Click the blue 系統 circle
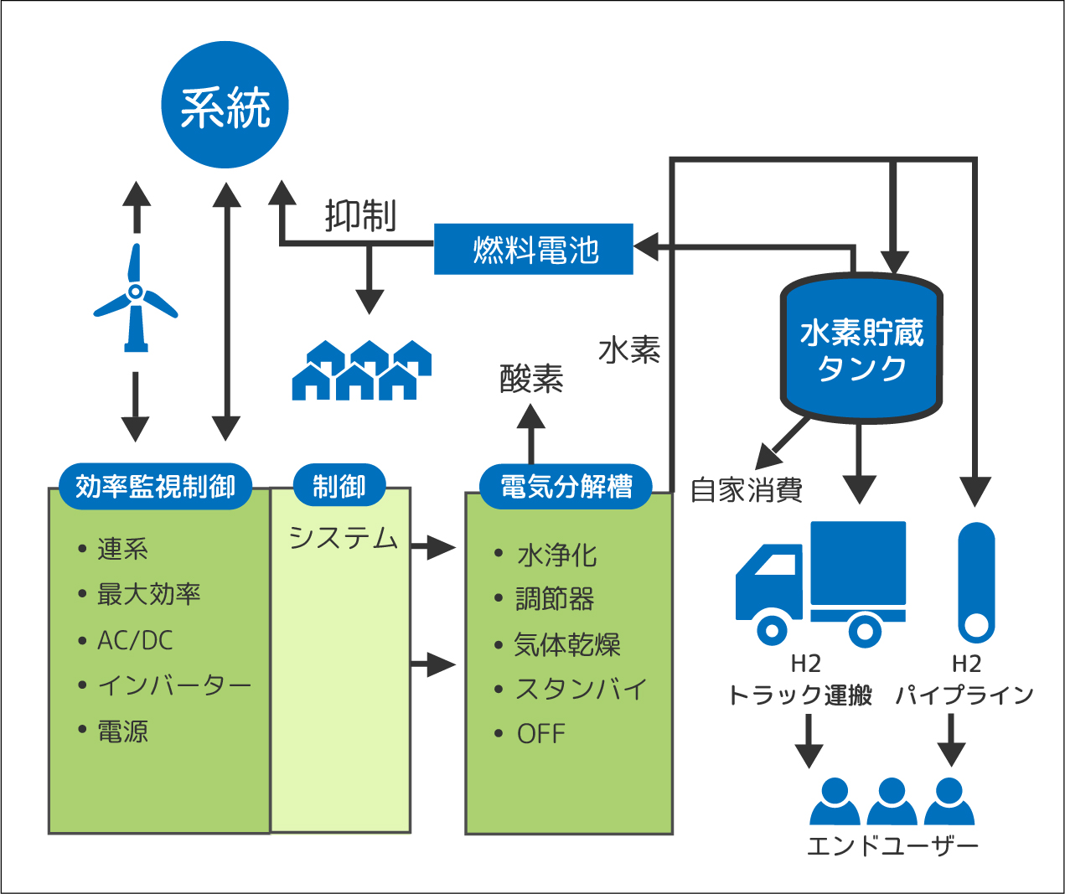point(225,105)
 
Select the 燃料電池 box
point(534,249)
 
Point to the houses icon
point(361,369)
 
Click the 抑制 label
point(360,216)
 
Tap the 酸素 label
point(531,379)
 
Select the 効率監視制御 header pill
point(156,486)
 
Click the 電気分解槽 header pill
point(566,486)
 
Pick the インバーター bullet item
point(174,685)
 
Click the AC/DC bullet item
point(135,640)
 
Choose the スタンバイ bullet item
point(580,689)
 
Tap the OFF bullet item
point(541,734)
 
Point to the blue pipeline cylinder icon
point(976,582)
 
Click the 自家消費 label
point(747,490)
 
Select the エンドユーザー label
point(892,846)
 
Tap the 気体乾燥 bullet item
point(567,644)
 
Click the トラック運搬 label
point(800,695)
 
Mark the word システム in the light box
point(344,538)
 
